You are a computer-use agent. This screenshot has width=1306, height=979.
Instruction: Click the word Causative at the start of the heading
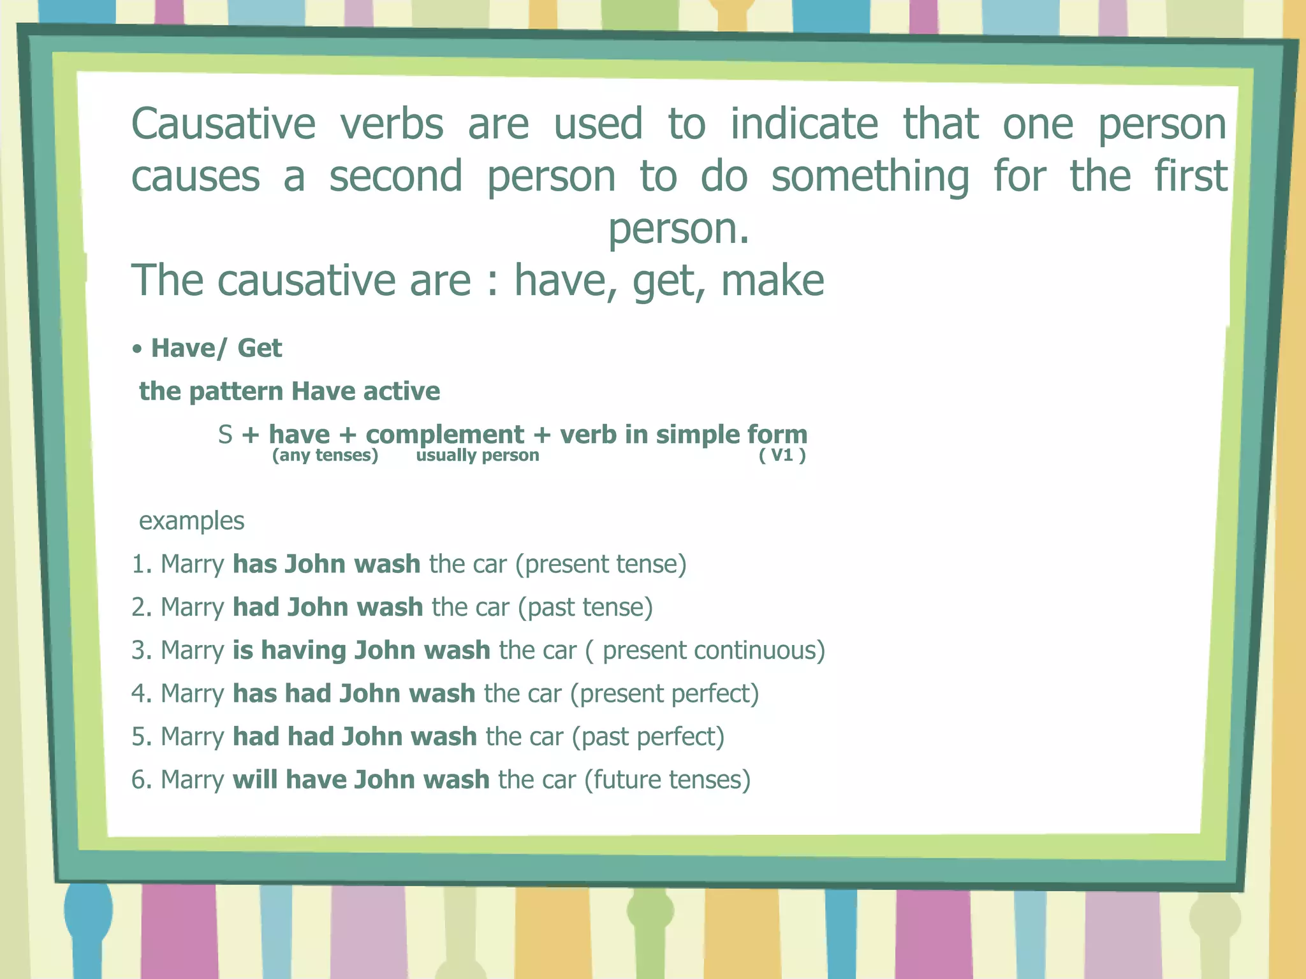[x=223, y=124]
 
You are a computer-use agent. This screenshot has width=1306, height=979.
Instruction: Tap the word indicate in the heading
[x=803, y=124]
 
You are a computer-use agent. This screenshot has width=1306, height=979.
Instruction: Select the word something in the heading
[x=870, y=177]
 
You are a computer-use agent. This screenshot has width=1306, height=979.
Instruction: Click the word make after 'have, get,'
[x=772, y=280]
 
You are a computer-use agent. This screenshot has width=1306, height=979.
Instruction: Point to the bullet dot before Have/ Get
[x=136, y=350]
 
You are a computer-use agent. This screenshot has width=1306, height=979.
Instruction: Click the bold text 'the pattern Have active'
[x=290, y=391]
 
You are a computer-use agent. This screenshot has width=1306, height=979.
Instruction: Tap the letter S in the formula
[x=224, y=435]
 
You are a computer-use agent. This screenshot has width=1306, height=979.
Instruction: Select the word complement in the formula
[x=444, y=435]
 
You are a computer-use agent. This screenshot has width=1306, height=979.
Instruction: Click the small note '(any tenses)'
[x=325, y=455]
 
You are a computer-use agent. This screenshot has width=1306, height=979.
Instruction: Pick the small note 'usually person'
[x=477, y=455]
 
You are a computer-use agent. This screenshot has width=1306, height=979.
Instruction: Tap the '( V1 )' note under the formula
[x=782, y=455]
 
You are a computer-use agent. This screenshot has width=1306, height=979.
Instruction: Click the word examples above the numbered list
[x=191, y=521]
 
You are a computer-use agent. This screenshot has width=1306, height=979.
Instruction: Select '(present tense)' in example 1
[x=601, y=564]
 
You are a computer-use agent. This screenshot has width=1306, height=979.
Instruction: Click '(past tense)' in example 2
[x=585, y=607]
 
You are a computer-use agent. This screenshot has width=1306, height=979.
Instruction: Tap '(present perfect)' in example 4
[x=664, y=693]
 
